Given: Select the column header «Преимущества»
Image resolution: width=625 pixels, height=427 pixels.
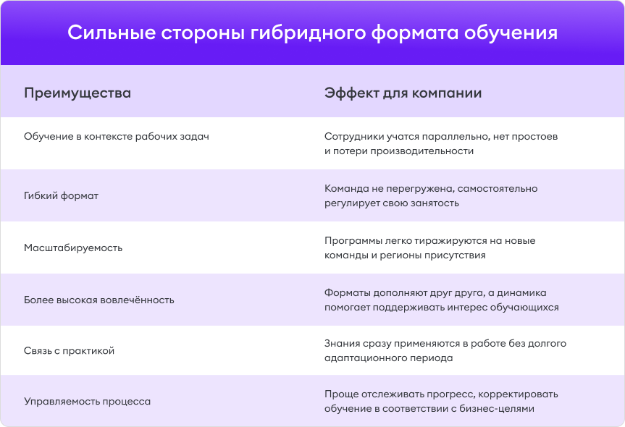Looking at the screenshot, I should (x=77, y=93).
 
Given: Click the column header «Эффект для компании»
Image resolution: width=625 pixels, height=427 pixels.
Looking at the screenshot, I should (x=403, y=93).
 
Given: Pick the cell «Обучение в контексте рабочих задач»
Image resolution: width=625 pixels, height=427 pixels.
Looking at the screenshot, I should (x=117, y=136).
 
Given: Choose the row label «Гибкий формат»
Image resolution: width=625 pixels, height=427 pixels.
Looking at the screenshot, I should (x=61, y=195).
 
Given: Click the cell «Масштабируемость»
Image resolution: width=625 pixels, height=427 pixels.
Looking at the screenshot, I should (x=73, y=248).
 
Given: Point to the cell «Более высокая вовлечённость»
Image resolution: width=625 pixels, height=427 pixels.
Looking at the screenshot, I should (x=99, y=300).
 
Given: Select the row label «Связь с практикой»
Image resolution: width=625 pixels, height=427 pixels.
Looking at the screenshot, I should (x=70, y=351).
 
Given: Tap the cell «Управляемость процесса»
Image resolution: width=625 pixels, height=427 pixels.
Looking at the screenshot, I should (x=88, y=401).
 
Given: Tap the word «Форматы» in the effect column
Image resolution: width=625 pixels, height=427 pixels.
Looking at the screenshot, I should (x=347, y=292).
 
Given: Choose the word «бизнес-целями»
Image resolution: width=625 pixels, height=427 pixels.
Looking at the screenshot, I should (x=498, y=408).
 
